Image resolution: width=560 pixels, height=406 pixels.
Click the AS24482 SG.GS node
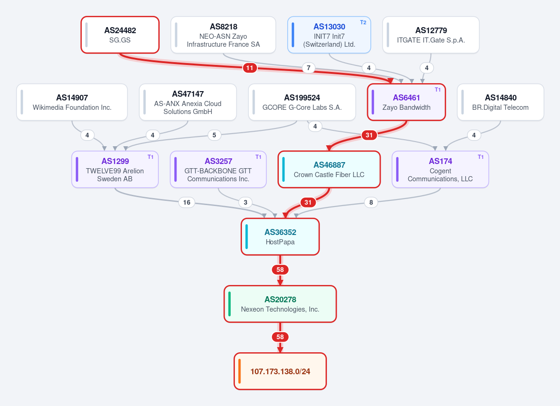click(120, 35)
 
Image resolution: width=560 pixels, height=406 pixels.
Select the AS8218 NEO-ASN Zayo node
click(223, 35)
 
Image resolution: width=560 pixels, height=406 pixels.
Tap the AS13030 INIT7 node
click(329, 35)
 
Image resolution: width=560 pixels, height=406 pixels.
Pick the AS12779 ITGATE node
click(431, 35)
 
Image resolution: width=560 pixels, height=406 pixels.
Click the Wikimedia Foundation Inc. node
click(72, 102)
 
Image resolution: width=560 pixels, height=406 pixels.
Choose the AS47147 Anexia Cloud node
click(188, 102)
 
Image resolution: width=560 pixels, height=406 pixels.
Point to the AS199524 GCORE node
click(302, 102)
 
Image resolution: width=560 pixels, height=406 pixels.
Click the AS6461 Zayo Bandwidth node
click(406, 102)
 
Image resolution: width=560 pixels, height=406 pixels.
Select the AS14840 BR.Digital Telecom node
click(500, 102)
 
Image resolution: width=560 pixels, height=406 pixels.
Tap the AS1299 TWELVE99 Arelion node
click(115, 170)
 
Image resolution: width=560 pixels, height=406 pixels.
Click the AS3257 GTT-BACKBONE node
click(218, 170)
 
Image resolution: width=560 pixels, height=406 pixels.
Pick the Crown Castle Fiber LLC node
click(329, 170)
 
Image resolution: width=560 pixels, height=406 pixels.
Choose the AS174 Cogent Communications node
click(440, 170)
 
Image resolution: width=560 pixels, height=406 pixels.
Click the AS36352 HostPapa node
click(280, 236)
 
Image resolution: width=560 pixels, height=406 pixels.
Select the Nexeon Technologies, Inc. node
click(280, 304)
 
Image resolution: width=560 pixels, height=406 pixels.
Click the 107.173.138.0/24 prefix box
click(280, 371)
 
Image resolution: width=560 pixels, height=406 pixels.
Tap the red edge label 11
click(250, 68)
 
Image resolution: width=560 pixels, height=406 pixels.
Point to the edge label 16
click(187, 203)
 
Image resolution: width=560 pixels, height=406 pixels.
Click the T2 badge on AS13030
click(363, 22)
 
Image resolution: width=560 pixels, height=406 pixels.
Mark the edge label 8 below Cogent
click(371, 203)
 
